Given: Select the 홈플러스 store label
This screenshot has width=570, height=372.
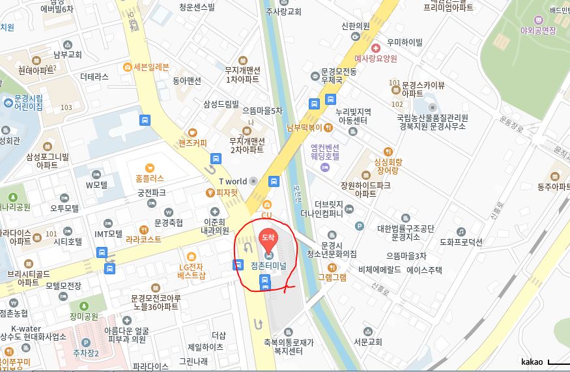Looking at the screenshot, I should coord(150,178).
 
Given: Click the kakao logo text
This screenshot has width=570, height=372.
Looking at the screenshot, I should coord(532,362).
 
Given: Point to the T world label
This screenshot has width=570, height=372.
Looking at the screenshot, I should coord(233,181).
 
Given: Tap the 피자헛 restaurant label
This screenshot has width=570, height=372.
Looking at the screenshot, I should coord(227,193).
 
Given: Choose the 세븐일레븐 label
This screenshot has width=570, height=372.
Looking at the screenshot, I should coord(151,67).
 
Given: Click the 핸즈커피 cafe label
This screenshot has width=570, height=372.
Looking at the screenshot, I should coord(192,143).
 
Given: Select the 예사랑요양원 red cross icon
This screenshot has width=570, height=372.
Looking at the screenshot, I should coord(375,48).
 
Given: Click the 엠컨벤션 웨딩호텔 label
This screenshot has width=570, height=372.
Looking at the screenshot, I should coord(325,152).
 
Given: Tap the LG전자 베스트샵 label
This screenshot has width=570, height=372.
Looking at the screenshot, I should coord(192,270).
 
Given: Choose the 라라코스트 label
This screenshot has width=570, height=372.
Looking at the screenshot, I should coord(145,239).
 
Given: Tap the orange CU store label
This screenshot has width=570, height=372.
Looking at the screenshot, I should coord(266,215).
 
